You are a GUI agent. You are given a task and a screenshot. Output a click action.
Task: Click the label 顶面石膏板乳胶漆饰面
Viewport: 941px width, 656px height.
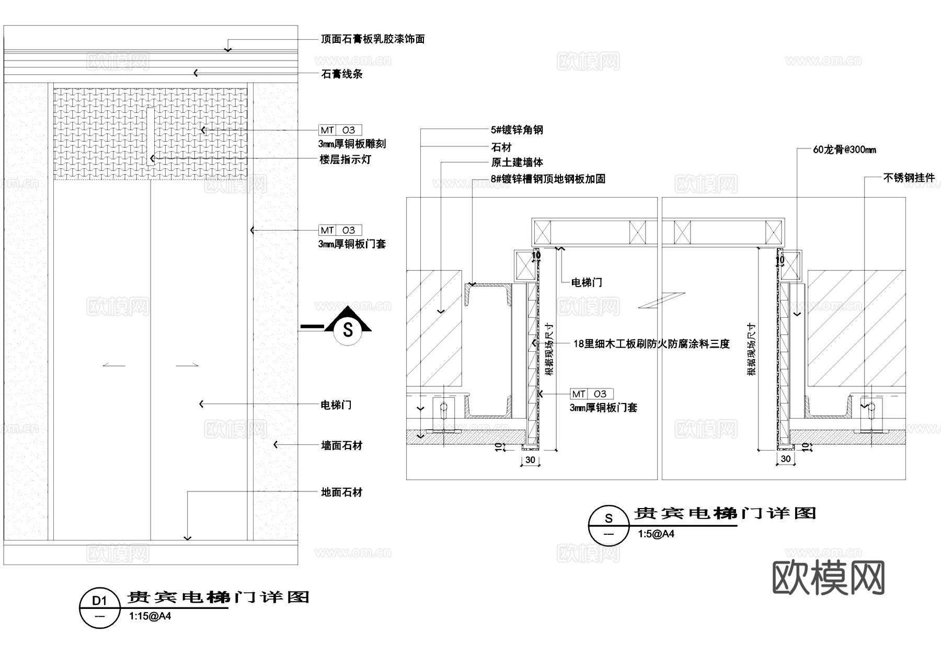(372, 39)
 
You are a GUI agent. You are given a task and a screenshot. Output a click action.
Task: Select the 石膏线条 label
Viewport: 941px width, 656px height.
(341, 74)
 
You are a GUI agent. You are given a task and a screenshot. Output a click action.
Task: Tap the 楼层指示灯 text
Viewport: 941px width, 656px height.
(345, 159)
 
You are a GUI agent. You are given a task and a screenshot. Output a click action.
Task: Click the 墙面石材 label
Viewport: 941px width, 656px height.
(341, 446)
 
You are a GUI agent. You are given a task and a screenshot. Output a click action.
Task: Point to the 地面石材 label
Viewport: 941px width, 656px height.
(341, 492)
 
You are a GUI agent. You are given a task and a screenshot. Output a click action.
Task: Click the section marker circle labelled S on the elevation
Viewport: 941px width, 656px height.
(348, 330)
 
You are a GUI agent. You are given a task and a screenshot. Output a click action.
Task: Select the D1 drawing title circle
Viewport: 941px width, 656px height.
(99, 608)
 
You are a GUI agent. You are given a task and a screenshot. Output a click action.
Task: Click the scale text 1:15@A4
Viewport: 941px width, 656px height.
(150, 617)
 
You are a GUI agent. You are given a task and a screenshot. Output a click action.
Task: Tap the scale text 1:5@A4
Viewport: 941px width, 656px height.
(656, 534)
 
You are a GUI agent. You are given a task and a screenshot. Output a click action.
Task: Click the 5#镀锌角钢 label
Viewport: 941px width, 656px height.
(517, 130)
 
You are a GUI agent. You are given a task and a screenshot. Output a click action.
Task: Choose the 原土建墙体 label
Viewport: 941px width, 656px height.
(517, 163)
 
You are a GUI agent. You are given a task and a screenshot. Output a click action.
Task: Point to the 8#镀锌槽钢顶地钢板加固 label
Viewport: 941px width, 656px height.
(547, 179)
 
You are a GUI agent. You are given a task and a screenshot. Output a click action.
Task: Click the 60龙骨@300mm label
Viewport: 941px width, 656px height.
(844, 150)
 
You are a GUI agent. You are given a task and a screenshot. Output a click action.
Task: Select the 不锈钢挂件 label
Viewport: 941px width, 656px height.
(909, 178)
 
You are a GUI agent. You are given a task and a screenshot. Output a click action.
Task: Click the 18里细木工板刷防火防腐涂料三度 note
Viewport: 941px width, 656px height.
(651, 344)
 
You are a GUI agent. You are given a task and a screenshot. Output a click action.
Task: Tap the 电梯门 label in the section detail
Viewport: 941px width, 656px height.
(587, 283)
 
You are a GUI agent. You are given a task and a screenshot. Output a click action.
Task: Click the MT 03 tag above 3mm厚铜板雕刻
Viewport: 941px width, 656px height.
(340, 130)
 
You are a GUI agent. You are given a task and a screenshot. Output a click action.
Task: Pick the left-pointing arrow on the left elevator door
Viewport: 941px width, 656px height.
(114, 365)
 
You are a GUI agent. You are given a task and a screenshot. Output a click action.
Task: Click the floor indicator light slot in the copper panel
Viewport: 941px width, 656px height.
(150, 136)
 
